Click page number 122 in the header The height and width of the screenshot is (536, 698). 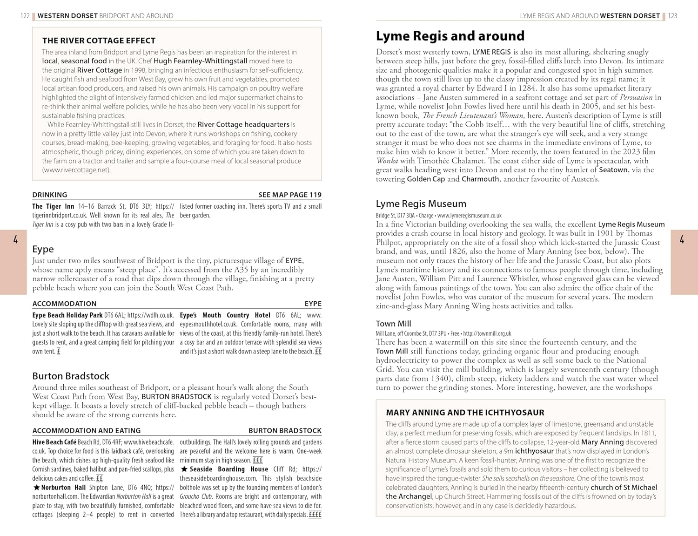click(25, 16)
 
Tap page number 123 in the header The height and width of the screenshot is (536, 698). click(672, 16)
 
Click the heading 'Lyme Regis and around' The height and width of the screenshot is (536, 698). click(450, 36)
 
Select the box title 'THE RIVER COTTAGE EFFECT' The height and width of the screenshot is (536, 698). click(99, 41)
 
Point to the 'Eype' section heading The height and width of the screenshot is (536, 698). click(43, 249)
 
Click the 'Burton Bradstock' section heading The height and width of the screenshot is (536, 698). click(71, 376)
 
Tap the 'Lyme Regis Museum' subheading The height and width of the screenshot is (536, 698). click(421, 204)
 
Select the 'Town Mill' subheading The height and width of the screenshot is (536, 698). click(393, 324)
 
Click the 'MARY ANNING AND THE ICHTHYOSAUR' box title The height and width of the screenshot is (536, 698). click(465, 413)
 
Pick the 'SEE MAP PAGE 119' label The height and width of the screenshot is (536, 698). click(290, 195)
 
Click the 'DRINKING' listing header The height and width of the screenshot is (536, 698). click(50, 195)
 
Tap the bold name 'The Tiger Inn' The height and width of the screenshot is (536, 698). click(53, 206)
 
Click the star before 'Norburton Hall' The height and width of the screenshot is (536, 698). click(36, 488)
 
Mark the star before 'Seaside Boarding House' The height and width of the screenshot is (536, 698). click(184, 469)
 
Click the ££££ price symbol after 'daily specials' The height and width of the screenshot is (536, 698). click(315, 515)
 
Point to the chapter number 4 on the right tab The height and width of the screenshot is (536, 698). click(682, 240)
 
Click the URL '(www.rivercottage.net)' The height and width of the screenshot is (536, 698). click(76, 170)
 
